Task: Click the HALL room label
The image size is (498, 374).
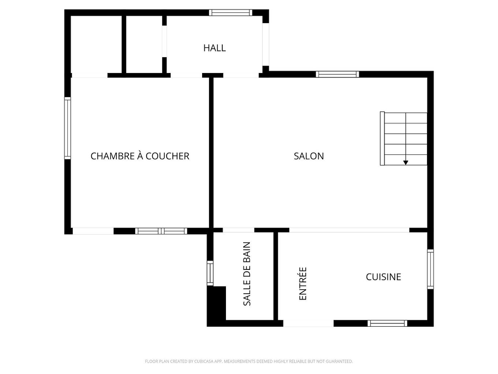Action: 215,48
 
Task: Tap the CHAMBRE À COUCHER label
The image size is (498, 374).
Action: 140,156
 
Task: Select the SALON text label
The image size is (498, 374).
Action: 309,156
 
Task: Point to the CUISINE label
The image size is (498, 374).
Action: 383,277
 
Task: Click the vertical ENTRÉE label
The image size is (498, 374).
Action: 303,284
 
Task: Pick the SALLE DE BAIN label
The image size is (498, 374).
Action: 247,274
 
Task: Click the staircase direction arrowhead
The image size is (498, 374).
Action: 406,162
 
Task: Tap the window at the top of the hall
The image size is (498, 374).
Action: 230,13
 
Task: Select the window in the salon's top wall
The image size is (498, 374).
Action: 337,74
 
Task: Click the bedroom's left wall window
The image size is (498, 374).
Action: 67,128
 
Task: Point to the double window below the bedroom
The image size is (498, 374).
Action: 161,231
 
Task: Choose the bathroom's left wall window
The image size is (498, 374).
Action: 210,273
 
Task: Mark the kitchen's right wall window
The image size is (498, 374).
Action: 431,269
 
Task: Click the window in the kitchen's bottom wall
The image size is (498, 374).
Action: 387,323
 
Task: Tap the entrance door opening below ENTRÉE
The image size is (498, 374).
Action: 308,323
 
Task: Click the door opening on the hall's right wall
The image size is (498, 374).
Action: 266,44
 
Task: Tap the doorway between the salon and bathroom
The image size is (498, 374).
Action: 238,230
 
